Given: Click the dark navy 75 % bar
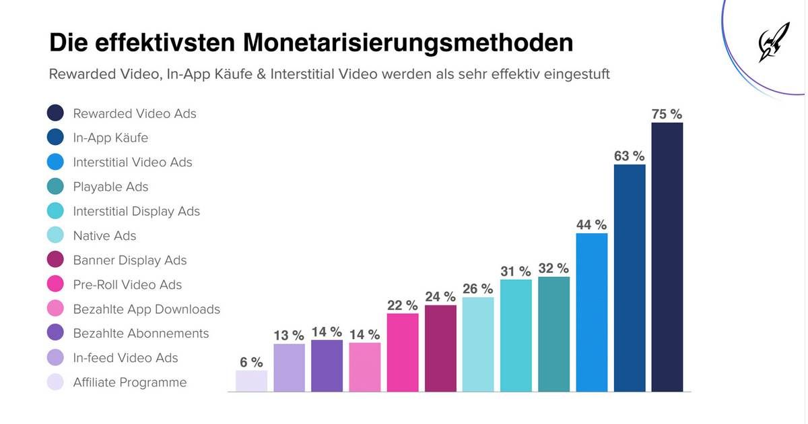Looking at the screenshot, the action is coord(667,257).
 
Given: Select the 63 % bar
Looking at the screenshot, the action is coord(630,278).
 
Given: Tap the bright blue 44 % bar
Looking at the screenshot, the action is coord(592,312).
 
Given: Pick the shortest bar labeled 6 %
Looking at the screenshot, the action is coord(251,381).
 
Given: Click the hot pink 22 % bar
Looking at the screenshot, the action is coord(403,352).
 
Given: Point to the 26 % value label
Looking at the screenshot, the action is coord(478,289).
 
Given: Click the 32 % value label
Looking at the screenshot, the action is coord(553,268).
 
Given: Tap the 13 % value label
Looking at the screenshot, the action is coord(289,336).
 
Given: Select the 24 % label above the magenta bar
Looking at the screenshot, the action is coord(440,297).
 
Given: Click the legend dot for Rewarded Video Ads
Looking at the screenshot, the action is coord(55,113).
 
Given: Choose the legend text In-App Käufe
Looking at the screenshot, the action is coord(110,138).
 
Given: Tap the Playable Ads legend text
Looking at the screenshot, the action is coord(110,187).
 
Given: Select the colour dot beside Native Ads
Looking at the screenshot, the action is coord(55,235).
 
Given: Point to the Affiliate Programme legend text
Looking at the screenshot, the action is coord(130,382).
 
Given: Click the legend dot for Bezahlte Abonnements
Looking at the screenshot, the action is coord(55,332).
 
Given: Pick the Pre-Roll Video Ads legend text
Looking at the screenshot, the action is coord(127,284).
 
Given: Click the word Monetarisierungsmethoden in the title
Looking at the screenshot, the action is coord(408,43).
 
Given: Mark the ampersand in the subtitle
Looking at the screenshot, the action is coord(261,74).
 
